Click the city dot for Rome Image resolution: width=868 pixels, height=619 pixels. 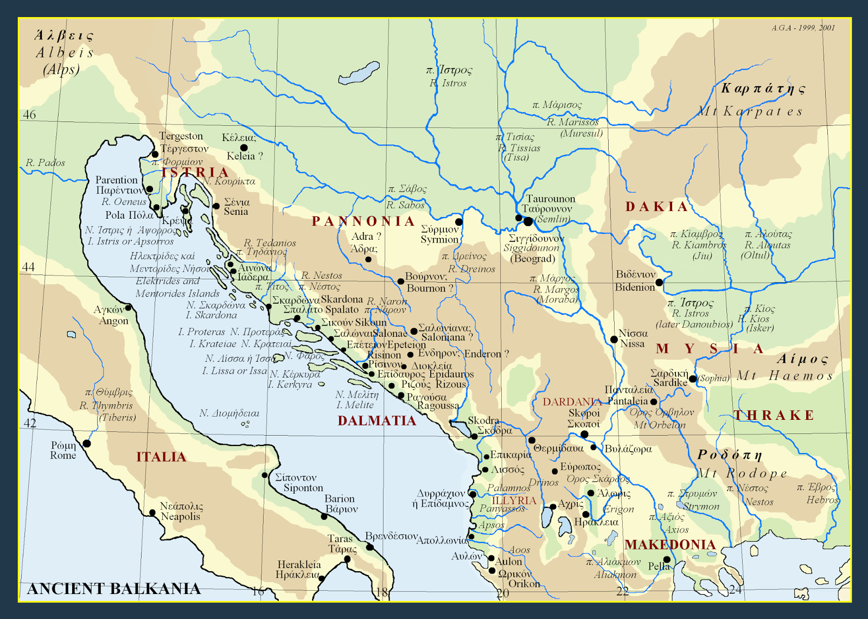coord(87,444)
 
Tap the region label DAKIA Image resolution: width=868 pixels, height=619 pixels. coord(656,207)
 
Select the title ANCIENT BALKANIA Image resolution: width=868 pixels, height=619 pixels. coord(114,589)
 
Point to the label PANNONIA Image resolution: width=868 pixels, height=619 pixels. coord(363,221)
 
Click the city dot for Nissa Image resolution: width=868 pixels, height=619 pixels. coord(614,340)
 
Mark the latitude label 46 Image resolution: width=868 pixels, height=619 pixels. coord(29,115)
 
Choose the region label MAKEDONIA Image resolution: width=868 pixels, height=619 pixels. coord(670,545)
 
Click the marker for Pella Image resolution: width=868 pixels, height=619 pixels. coord(667,560)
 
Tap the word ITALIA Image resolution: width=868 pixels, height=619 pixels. coord(161,457)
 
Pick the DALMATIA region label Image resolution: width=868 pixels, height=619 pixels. coord(376,421)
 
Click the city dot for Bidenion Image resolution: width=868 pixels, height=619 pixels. coord(659,283)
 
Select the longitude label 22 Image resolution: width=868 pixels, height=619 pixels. coord(622,592)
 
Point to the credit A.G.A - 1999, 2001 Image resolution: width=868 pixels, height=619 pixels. coord(803,28)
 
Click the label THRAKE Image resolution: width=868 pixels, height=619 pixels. coord(774,416)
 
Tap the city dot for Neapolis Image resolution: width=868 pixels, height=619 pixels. coord(152,513)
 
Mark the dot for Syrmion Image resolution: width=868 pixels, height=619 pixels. coord(459,222)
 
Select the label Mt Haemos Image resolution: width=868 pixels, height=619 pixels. coord(785,376)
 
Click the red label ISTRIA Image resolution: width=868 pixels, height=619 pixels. coord(195,173)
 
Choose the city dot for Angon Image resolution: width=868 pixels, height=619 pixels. coord(129,308)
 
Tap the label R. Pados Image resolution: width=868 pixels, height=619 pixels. coord(46,163)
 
